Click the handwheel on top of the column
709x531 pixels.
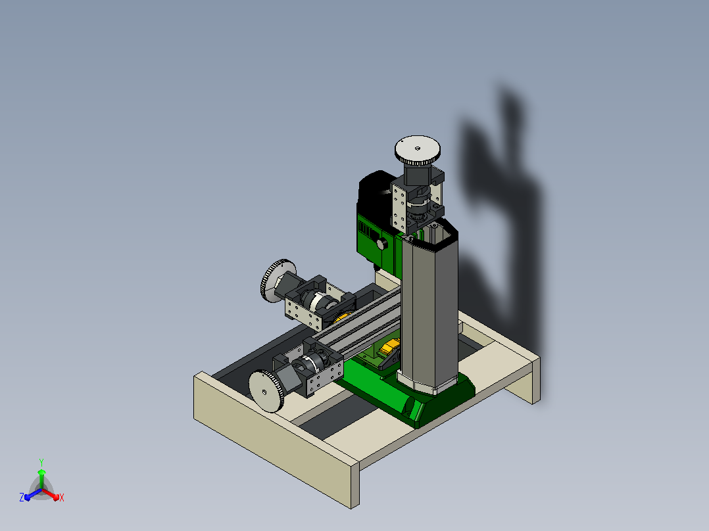[418, 150]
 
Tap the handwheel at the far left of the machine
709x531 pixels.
[277, 281]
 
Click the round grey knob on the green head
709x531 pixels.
[382, 244]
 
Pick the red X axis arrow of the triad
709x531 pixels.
[51, 494]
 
